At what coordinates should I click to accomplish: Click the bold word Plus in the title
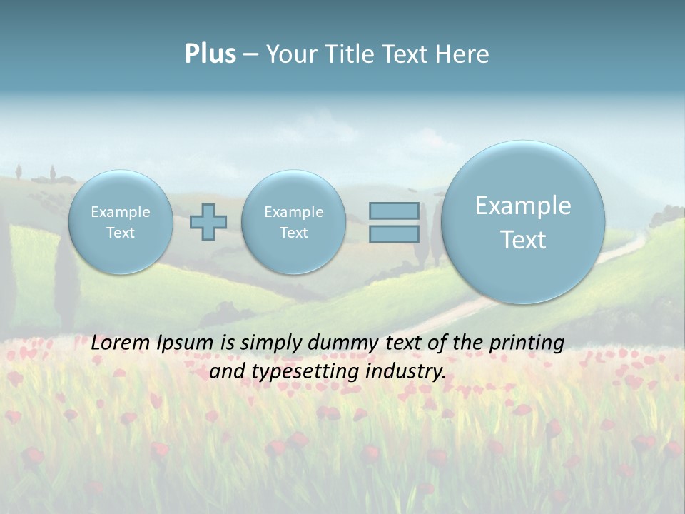coord(210,54)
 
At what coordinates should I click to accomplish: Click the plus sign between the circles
coord(208,222)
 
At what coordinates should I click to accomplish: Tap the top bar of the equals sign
coord(394,211)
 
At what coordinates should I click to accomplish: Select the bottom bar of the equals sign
coord(394,234)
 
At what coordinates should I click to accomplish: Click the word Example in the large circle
coord(523,206)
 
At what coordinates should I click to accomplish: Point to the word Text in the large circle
coord(523,240)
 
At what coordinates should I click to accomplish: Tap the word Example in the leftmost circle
coord(121,212)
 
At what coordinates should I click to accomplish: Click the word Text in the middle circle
coord(293,233)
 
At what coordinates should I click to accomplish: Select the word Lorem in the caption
coord(118,343)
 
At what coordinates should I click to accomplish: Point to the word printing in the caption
coord(528,343)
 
